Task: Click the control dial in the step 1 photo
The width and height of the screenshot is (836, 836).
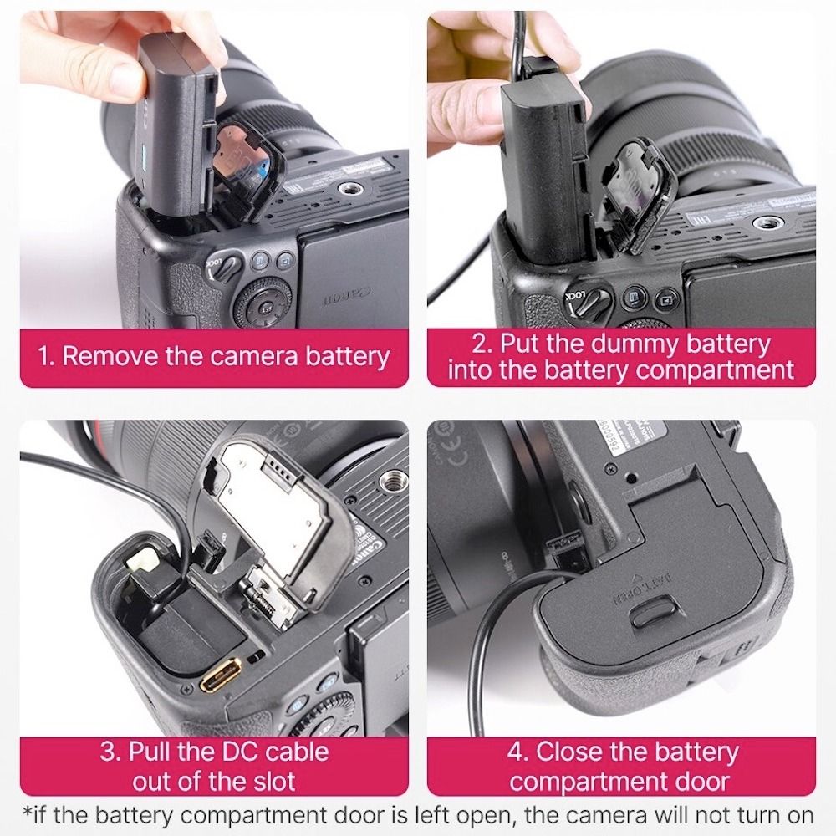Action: [x=267, y=302]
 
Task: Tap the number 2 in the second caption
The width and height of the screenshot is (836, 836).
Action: [x=481, y=344]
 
